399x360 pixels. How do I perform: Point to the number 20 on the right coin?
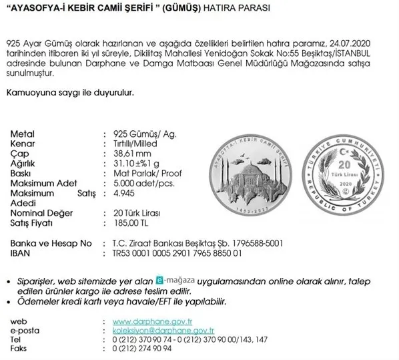[344, 164]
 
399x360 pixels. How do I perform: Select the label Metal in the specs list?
[23, 134]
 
